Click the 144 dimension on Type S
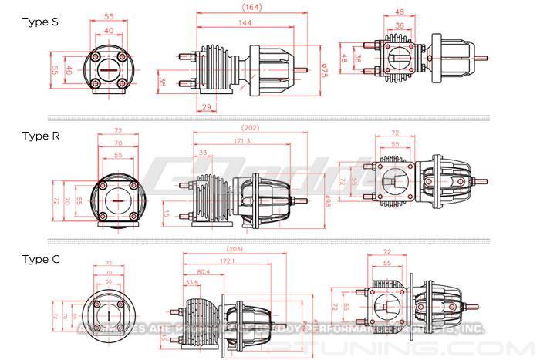tap(245, 24)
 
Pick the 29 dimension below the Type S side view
tap(207, 106)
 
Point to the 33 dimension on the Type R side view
tap(202, 153)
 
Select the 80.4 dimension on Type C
tap(203, 272)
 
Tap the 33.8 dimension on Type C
tap(192, 283)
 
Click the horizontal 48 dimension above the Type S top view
tap(400, 12)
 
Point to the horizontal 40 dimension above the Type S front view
tap(109, 31)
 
